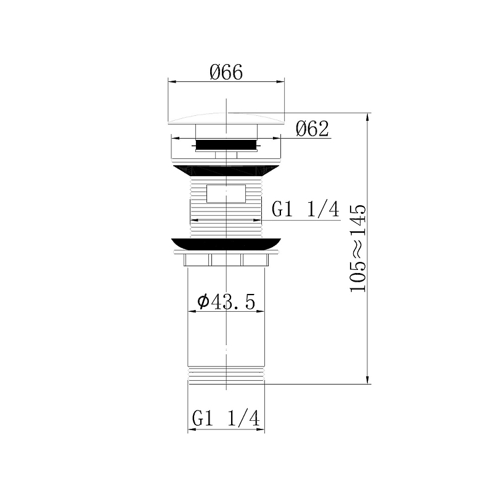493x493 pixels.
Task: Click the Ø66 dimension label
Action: click(226, 73)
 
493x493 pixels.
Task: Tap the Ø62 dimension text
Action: click(312, 129)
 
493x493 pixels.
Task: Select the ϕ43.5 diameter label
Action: click(226, 301)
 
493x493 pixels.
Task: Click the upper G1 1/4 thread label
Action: click(306, 210)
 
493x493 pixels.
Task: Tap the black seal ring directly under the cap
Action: click(226, 145)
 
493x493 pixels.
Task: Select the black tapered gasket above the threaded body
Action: click(226, 171)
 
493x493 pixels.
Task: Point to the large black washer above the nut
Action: click(226, 243)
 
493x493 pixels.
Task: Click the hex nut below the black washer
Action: click(226, 259)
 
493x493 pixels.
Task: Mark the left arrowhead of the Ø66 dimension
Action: click(171, 81)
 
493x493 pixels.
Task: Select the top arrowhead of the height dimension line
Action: click(368, 116)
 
